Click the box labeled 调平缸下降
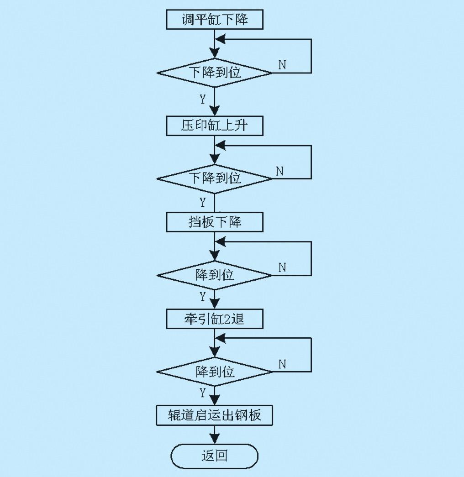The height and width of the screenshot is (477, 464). (x=215, y=20)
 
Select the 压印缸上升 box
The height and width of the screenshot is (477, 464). (x=215, y=126)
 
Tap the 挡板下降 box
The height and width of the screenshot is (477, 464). (x=215, y=222)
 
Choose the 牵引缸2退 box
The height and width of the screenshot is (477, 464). (x=215, y=319)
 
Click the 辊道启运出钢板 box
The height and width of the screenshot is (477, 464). (x=214, y=415)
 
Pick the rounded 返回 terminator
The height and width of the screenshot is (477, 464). (x=214, y=456)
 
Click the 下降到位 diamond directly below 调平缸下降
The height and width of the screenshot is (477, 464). (x=214, y=73)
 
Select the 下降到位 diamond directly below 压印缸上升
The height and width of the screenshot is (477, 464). (x=214, y=179)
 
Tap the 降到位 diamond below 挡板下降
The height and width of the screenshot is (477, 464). (x=214, y=275)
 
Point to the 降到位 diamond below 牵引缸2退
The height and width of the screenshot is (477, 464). (x=214, y=372)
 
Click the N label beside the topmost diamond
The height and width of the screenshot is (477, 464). (x=282, y=65)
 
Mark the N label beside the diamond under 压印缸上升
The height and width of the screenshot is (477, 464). (x=279, y=171)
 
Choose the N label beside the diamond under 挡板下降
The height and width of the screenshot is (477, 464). (x=282, y=267)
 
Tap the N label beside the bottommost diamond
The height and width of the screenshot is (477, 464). (x=282, y=364)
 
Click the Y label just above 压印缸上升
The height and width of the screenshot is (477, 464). (x=203, y=99)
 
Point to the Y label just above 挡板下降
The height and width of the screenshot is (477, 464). (x=203, y=202)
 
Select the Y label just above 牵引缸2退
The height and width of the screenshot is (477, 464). (x=203, y=296)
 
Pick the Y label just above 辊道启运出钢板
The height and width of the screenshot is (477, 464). (x=203, y=393)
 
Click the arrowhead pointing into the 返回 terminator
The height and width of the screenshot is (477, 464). (x=215, y=439)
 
